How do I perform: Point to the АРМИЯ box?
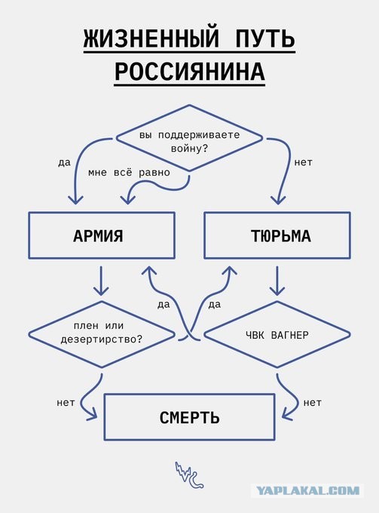pyautogui.click(x=102, y=235)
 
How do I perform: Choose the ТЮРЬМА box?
pyautogui.click(x=277, y=235)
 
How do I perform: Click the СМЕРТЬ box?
pyautogui.click(x=189, y=416)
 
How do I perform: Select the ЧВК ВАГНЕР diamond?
pyautogui.click(x=277, y=333)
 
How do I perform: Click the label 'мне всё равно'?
pyautogui.click(x=128, y=172)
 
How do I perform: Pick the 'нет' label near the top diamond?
pyautogui.click(x=304, y=162)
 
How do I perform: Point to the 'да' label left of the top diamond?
pyautogui.click(x=64, y=162)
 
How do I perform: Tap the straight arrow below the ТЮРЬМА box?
pyautogui.click(x=277, y=281)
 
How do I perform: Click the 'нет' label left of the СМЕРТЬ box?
pyautogui.click(x=66, y=402)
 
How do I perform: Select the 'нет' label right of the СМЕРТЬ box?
pyautogui.click(x=313, y=402)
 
